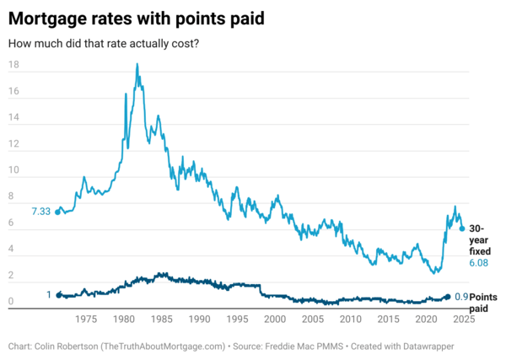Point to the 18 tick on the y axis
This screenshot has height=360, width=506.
pyautogui.click(x=13, y=65)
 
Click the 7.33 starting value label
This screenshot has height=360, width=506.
pyautogui.click(x=40, y=211)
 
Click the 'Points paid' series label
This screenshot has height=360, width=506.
pyautogui.click(x=482, y=303)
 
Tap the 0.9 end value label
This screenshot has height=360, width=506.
pyautogui.click(x=460, y=297)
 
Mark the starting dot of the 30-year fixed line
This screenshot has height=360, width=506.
pyautogui.click(x=57, y=212)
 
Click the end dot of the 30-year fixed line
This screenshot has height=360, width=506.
pyautogui.click(x=461, y=228)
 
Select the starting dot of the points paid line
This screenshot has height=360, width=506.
pyautogui.click(x=57, y=295)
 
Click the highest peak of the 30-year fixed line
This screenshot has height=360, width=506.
pyautogui.click(x=137, y=64)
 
